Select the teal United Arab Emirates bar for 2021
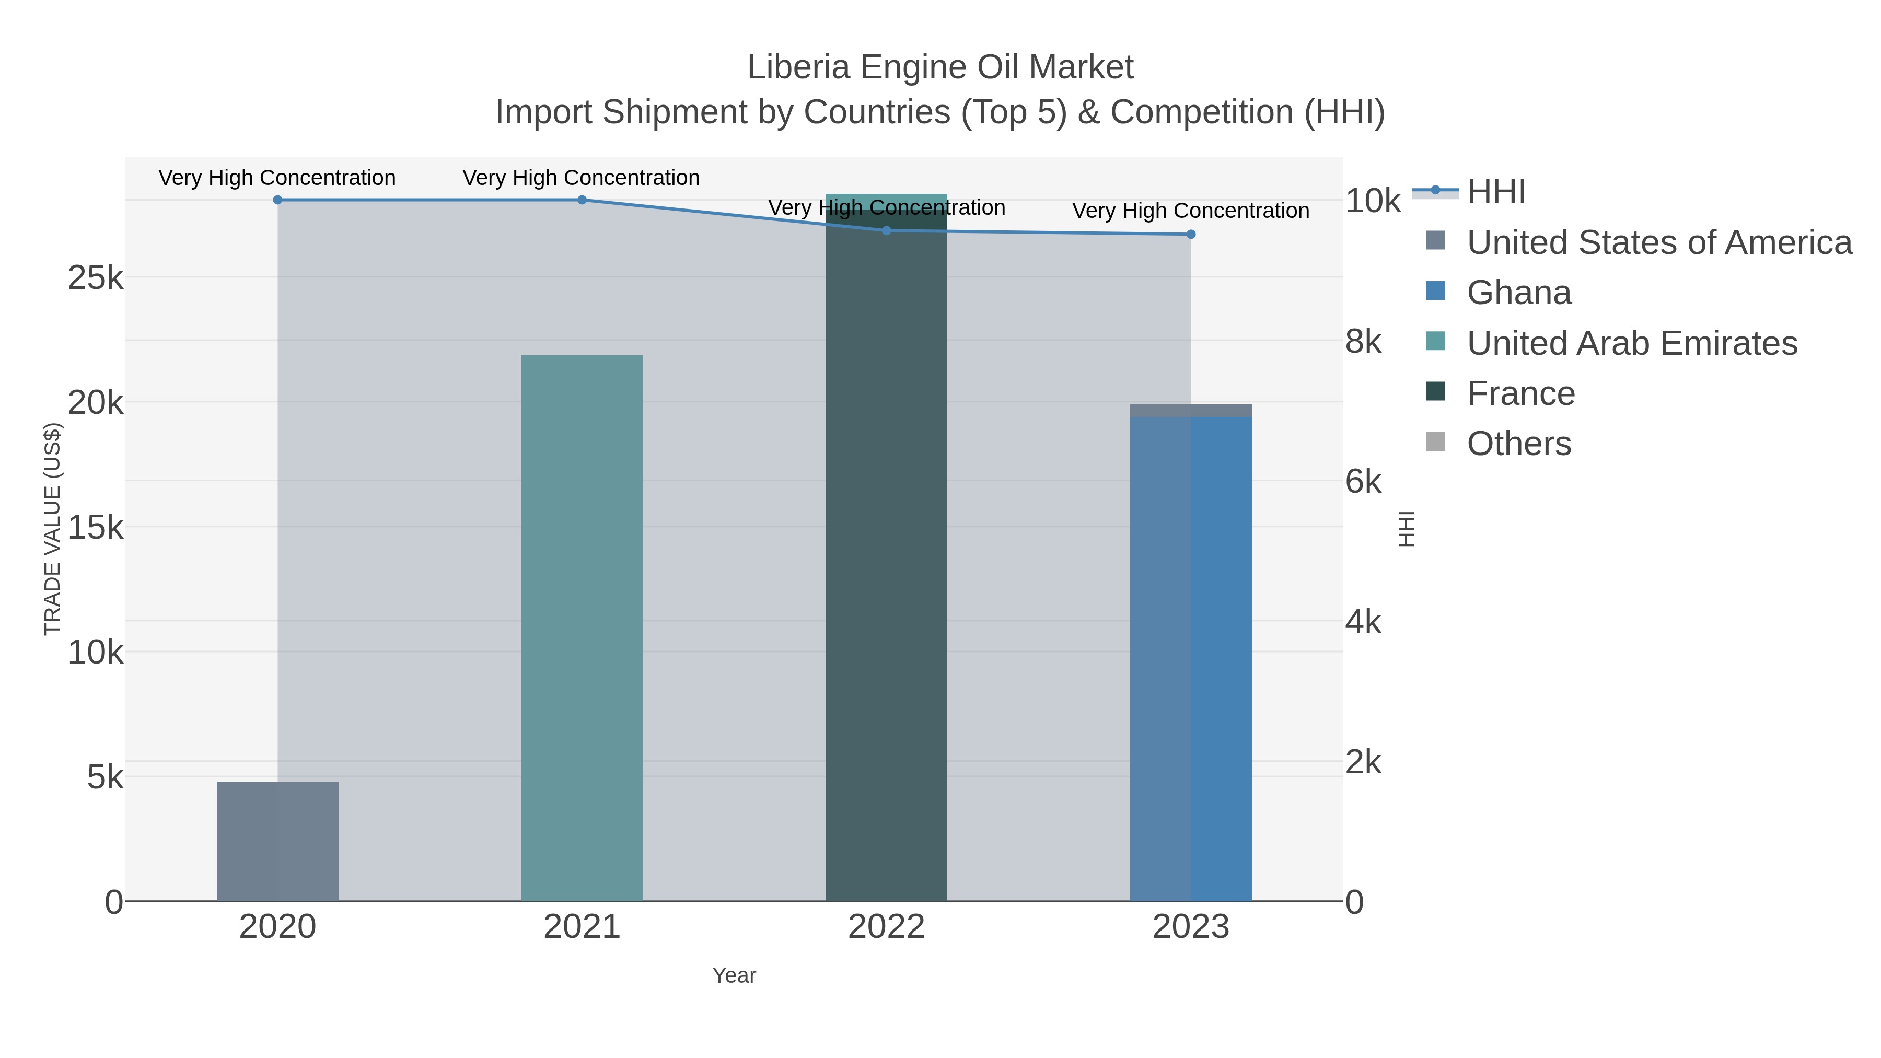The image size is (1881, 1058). click(x=582, y=628)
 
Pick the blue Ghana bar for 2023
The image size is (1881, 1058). click(x=1191, y=657)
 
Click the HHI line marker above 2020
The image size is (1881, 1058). click(x=277, y=200)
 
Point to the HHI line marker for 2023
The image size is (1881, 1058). click(x=1191, y=235)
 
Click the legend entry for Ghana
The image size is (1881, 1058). click(x=1519, y=293)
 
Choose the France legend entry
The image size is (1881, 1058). click(x=1521, y=393)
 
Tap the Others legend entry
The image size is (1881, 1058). click(x=1519, y=444)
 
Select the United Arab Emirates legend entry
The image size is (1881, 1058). click(x=1632, y=343)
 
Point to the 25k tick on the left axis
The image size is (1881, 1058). click(x=96, y=277)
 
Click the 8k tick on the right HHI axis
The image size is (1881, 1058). click(x=1363, y=341)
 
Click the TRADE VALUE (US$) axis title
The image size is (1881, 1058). click(x=53, y=529)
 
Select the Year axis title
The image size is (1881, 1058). click(x=734, y=975)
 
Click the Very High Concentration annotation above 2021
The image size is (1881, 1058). click(x=581, y=178)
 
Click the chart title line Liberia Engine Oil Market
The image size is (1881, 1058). click(x=940, y=67)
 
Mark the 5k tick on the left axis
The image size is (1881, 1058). click(x=105, y=777)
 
